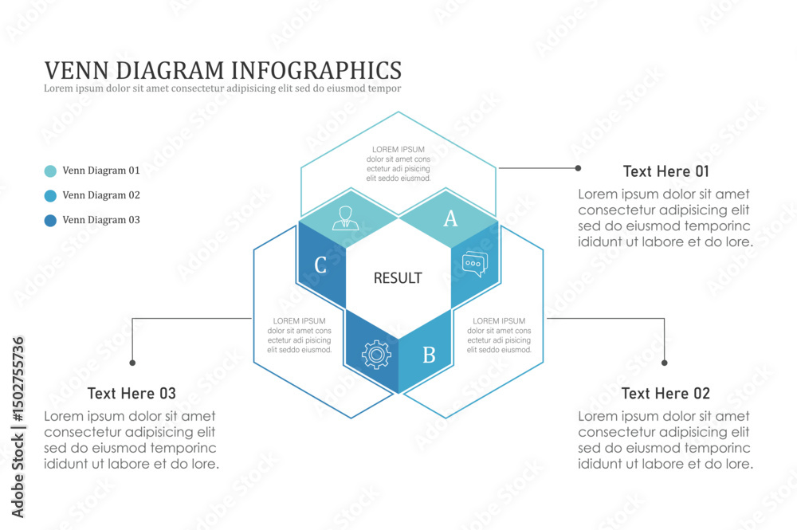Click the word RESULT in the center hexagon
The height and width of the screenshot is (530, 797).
tap(398, 278)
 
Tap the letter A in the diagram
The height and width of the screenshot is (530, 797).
tap(450, 218)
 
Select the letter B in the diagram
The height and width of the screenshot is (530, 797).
tap(429, 355)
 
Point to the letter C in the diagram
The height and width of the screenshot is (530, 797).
tap(320, 265)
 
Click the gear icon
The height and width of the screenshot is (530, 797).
tap(376, 354)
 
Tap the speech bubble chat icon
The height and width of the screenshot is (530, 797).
tap(475, 264)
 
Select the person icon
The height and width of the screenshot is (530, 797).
tap(346, 218)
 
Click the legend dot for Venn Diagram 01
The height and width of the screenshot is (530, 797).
tap(50, 171)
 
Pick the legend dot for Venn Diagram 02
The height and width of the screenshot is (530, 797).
tap(50, 195)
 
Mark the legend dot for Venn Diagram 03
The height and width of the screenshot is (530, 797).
tap(50, 221)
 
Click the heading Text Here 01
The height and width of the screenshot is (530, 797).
tap(665, 171)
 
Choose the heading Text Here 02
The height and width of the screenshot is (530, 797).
tap(665, 393)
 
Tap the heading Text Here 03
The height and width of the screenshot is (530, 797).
tap(132, 393)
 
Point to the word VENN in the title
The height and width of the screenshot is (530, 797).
tap(77, 70)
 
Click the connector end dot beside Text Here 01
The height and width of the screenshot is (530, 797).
tap(578, 167)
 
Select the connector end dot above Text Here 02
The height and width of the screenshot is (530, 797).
tap(665, 363)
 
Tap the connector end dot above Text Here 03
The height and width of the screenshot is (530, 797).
tap(132, 363)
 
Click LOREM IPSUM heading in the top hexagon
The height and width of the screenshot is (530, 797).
tap(398, 149)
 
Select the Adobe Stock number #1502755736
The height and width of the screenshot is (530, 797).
tap(18, 379)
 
